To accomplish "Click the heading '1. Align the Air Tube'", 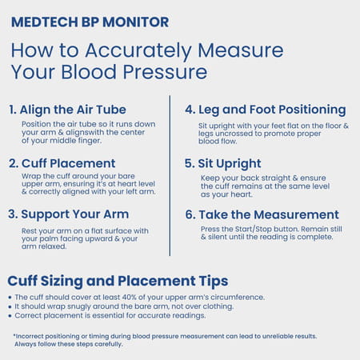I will [67, 110].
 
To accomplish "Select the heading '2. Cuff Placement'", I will [62, 163].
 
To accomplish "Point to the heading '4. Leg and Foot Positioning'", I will [265, 110].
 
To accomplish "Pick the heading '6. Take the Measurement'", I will [262, 214].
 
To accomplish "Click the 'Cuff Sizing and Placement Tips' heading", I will [118, 281].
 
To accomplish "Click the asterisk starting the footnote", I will [14, 336].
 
